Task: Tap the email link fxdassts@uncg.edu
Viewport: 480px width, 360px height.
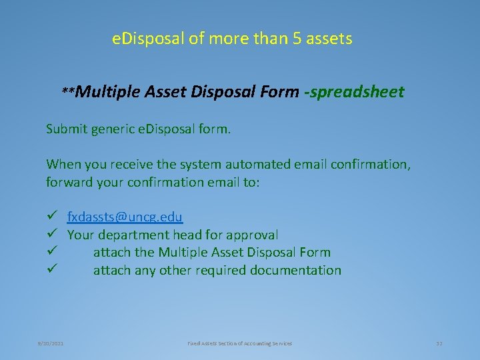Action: click(x=125, y=217)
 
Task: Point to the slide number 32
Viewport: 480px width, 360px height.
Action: click(x=439, y=343)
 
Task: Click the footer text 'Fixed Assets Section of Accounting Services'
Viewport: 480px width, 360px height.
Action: click(x=239, y=343)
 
